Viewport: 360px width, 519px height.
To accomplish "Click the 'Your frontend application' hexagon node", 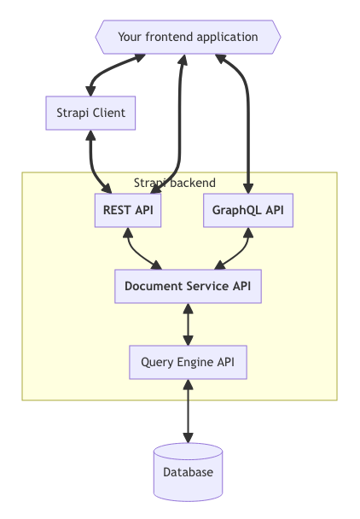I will [x=188, y=37].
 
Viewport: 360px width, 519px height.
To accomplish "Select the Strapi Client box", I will [x=90, y=113].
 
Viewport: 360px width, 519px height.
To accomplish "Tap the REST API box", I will [x=128, y=211].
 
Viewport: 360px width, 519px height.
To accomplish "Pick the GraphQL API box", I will [x=248, y=211].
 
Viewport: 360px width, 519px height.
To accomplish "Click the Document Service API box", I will [x=188, y=286].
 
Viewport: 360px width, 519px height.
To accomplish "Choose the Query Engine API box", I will [x=188, y=362].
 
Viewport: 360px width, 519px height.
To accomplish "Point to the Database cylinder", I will [x=188, y=471].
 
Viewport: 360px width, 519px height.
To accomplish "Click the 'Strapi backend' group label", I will [x=175, y=183].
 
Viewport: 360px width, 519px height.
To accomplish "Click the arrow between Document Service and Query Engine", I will [x=188, y=324].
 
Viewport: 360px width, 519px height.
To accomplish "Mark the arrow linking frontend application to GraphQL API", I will [x=248, y=120].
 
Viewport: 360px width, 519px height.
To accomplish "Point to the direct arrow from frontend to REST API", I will [x=182, y=120].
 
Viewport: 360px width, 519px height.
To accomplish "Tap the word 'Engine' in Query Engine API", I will [x=193, y=362].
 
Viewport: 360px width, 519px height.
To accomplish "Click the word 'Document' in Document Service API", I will [x=152, y=286].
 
